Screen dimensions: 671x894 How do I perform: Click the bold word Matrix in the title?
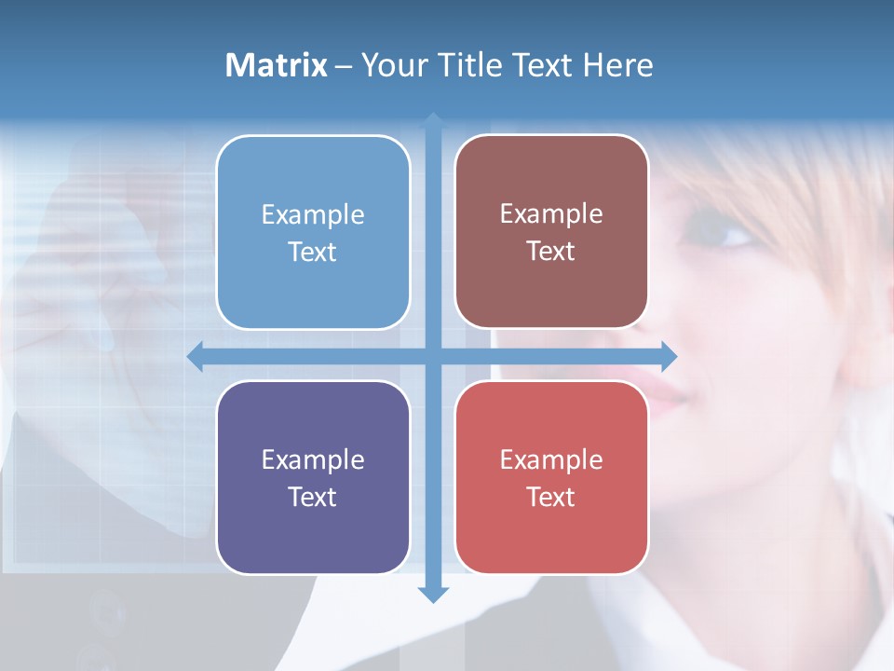coord(277,65)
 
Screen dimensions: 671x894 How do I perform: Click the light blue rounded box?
coord(313,232)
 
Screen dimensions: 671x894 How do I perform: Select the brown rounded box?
coord(551,231)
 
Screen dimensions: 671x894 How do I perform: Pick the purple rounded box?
coord(313,477)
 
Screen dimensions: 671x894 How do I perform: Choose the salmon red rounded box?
coord(551,477)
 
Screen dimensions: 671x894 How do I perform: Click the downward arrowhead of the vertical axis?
coord(433,594)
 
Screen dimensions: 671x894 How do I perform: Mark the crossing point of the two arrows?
coord(433,356)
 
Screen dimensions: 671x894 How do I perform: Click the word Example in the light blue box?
coord(313,215)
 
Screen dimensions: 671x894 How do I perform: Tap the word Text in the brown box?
coord(551,252)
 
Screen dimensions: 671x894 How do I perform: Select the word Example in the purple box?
coord(313,460)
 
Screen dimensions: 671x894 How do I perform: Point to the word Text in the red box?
coord(551,498)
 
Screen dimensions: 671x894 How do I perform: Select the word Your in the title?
coord(391,65)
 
